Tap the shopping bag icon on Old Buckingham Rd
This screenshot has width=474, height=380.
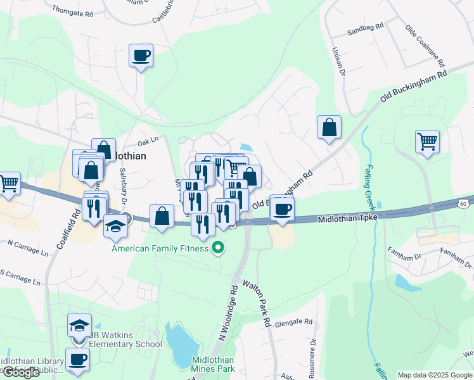pos(330,127)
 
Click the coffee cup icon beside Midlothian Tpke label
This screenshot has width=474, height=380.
pos(282,208)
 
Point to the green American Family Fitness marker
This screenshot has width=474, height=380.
pos(219,248)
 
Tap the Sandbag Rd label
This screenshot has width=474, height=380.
pos(366,27)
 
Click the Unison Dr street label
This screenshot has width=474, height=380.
pos(336,63)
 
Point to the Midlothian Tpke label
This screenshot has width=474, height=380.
pos(347,218)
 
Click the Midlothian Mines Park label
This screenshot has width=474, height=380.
pos(213,364)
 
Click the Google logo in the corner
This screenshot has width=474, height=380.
pos(20,372)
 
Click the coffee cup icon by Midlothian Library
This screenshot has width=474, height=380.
pos(78,359)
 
